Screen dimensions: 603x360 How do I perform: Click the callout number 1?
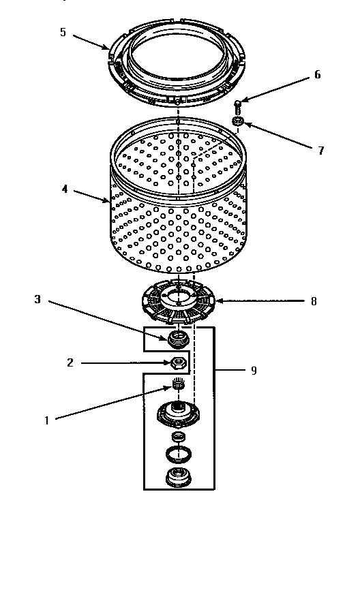(x=47, y=421)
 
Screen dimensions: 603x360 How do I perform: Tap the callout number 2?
(x=70, y=363)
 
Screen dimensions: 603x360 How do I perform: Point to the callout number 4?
(x=65, y=189)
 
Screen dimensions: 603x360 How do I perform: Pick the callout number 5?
(x=63, y=32)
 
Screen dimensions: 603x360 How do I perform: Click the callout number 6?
(x=317, y=76)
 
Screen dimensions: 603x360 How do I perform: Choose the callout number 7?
(x=321, y=151)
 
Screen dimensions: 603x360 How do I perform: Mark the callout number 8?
(x=314, y=301)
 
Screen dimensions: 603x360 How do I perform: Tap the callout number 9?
(x=254, y=371)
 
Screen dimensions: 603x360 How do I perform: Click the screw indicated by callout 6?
(x=238, y=106)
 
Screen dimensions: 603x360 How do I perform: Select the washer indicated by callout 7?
(x=239, y=123)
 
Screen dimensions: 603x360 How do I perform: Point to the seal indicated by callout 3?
(x=177, y=337)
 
